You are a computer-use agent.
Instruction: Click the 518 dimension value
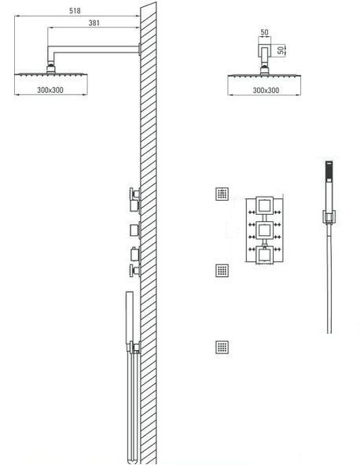click(x=75, y=11)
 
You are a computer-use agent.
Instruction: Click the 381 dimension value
click(x=94, y=23)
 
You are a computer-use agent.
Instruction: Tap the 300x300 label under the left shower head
click(x=50, y=90)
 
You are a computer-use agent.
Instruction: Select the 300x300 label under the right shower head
click(x=266, y=90)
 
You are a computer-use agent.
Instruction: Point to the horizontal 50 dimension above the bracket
click(x=265, y=32)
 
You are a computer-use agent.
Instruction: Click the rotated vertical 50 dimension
click(x=281, y=50)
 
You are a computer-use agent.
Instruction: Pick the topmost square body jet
click(x=222, y=194)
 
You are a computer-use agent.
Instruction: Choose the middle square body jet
click(x=222, y=270)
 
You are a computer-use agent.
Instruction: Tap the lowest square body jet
click(x=222, y=347)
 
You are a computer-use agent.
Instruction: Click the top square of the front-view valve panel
click(x=264, y=205)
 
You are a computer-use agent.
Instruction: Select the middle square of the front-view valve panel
click(x=264, y=230)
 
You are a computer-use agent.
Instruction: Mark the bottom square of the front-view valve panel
click(x=264, y=255)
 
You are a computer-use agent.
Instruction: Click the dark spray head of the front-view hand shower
click(x=329, y=172)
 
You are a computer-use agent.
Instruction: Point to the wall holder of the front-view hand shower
click(x=329, y=216)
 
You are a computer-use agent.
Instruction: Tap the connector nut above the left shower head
click(x=51, y=69)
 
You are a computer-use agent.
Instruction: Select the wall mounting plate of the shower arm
click(x=139, y=50)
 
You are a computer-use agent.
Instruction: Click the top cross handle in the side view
click(x=134, y=194)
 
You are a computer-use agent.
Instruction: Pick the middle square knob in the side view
click(x=135, y=230)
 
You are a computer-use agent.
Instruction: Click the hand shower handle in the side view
click(x=130, y=318)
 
